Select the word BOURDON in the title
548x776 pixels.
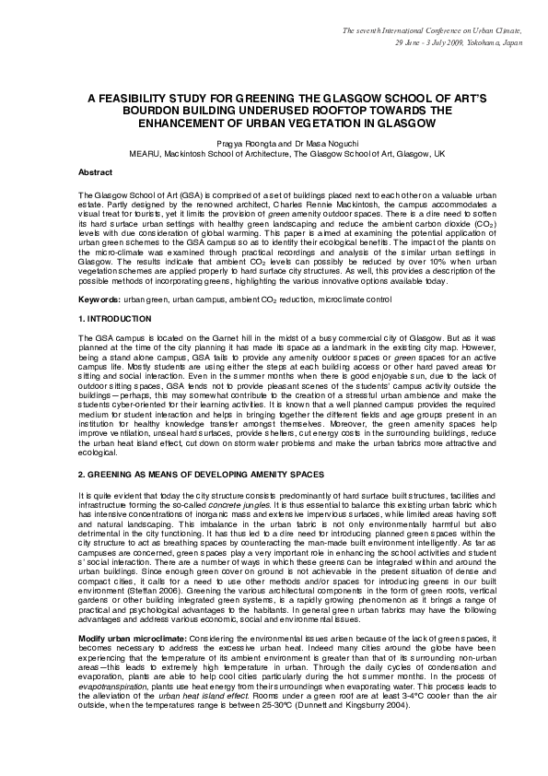point(133,108)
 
